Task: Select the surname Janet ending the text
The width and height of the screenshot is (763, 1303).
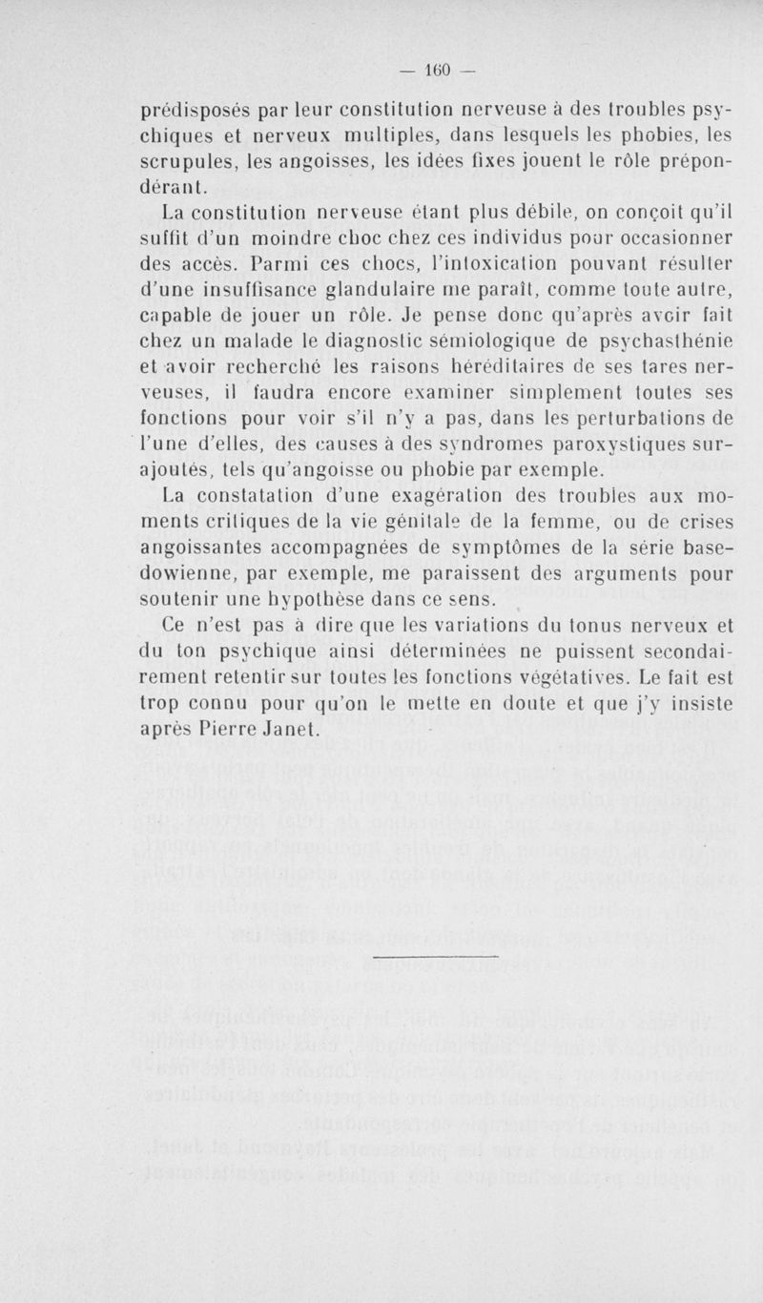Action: [x=285, y=728]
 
